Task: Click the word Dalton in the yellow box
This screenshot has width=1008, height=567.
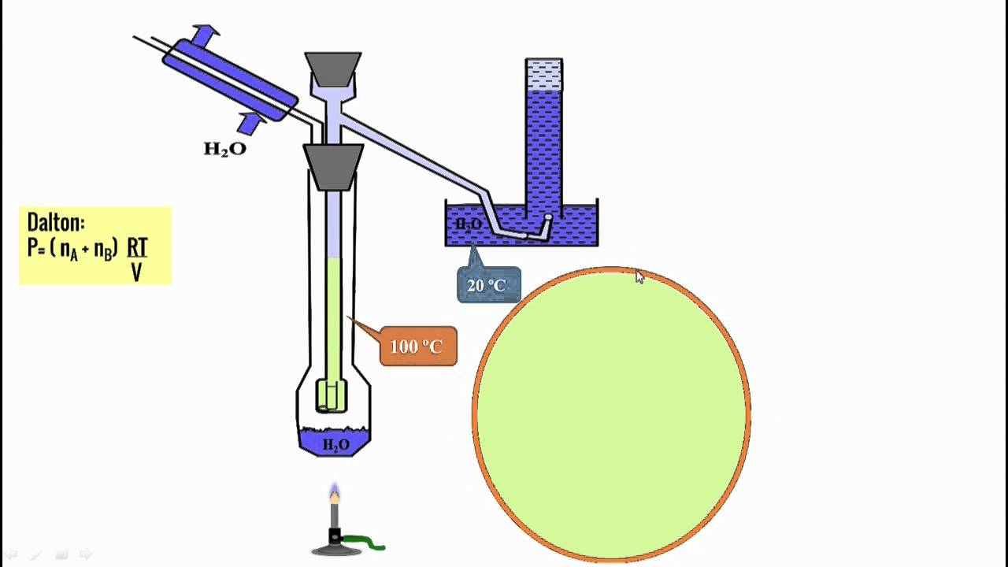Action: pos(54,222)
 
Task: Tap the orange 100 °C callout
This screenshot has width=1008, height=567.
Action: pos(417,346)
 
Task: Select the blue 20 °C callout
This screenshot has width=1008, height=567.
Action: pos(488,284)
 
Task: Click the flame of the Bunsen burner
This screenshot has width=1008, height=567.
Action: pos(335,493)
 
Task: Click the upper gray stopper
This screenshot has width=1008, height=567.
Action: pos(333,69)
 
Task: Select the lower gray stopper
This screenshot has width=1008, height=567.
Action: pos(333,167)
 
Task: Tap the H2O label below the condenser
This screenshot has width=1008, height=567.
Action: pos(225,149)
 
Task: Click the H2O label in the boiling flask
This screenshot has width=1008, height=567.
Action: pos(336,445)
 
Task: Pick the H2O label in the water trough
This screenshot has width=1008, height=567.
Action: pos(469,224)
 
